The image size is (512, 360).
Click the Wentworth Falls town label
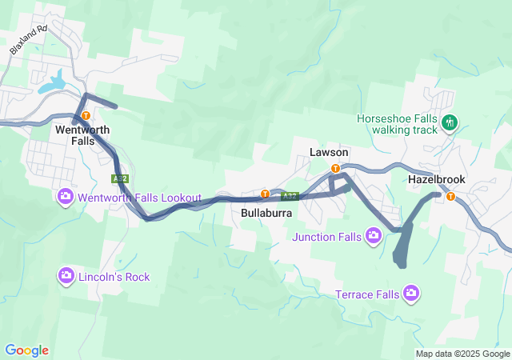(82, 134)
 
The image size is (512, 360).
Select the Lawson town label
(329, 152)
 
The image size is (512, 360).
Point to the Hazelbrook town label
(436, 180)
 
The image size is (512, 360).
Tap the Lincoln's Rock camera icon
(66, 276)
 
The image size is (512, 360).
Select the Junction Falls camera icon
(373, 236)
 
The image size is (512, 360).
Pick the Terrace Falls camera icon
(411, 294)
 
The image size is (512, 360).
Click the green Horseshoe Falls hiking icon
(450, 123)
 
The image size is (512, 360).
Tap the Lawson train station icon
(335, 168)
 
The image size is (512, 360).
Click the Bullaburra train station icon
(265, 194)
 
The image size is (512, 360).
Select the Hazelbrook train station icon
(450, 196)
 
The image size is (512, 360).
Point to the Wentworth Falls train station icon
(86, 115)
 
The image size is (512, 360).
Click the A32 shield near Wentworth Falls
(119, 178)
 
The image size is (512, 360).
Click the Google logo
(26, 350)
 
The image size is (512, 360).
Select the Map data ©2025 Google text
(462, 354)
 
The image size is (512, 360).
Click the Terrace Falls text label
(366, 294)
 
